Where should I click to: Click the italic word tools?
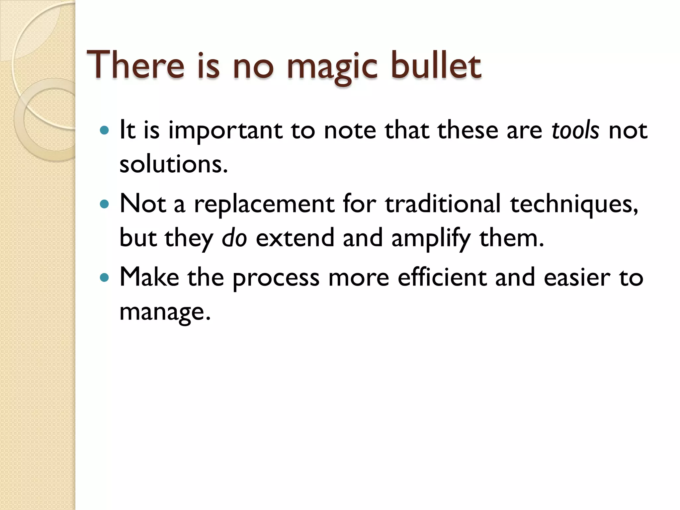point(575,130)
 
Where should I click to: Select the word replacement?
point(264,204)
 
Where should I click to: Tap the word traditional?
point(442,204)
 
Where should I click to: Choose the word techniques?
point(574,204)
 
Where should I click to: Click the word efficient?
point(442,277)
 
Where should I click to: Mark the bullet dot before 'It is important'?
point(104,130)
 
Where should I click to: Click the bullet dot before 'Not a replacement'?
point(104,204)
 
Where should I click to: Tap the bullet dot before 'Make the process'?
point(104,277)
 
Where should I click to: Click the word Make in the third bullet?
point(149,277)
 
